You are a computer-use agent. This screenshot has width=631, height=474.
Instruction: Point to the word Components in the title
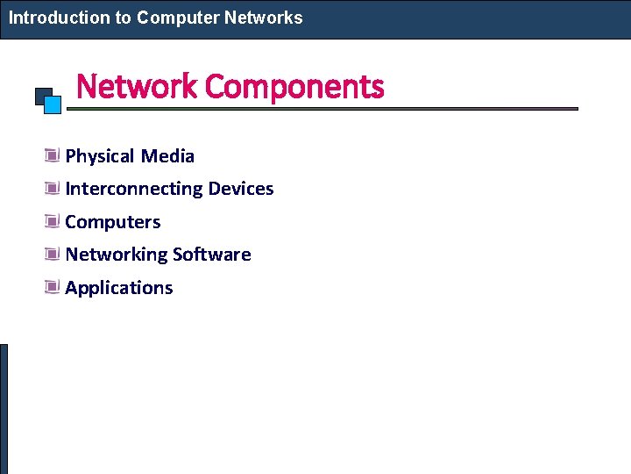pyautogui.click(x=295, y=87)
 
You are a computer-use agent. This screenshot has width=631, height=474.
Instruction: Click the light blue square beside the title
pyautogui.click(x=53, y=105)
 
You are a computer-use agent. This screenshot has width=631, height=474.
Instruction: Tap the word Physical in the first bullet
pyautogui.click(x=100, y=156)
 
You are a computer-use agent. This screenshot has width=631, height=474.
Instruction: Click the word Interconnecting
pyautogui.click(x=134, y=189)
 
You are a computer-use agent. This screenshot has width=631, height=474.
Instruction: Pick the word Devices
pyautogui.click(x=241, y=189)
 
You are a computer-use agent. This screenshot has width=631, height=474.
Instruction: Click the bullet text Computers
pyautogui.click(x=113, y=222)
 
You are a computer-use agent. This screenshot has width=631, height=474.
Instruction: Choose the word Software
pyautogui.click(x=212, y=255)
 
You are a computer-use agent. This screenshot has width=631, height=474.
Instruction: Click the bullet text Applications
pyautogui.click(x=119, y=288)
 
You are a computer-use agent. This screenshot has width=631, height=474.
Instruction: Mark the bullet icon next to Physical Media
pyautogui.click(x=52, y=156)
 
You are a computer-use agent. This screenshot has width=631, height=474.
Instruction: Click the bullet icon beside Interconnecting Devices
pyautogui.click(x=52, y=189)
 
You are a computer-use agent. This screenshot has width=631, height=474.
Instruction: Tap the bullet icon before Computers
pyautogui.click(x=52, y=222)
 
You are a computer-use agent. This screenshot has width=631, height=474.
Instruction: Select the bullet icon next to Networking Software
pyautogui.click(x=52, y=255)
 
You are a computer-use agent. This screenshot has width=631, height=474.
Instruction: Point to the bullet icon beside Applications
pyautogui.click(x=52, y=288)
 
